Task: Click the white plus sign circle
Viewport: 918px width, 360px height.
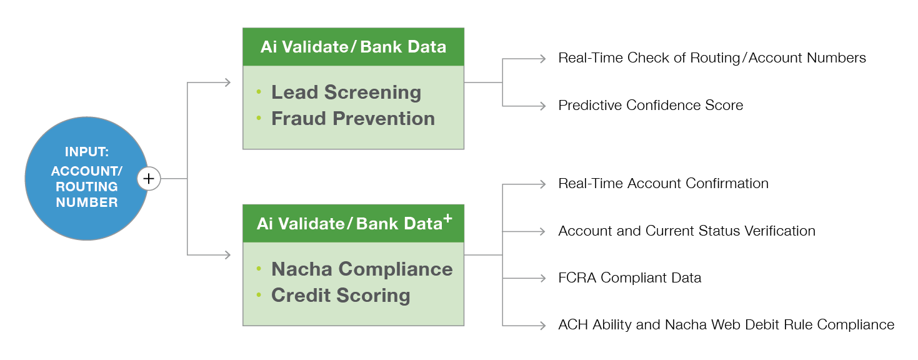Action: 149,179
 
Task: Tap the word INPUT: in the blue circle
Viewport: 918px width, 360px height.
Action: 86,152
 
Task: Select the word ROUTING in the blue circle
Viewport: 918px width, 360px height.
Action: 86,186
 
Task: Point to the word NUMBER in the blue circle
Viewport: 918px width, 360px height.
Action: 86,202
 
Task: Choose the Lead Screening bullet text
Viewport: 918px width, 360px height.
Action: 346,92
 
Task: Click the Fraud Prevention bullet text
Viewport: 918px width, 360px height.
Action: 352,119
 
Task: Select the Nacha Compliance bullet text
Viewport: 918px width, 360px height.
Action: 362,269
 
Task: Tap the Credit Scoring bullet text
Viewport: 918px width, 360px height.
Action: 341,296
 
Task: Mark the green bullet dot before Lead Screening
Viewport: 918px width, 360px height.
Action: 259,92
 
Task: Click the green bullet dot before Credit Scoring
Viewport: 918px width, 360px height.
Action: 259,295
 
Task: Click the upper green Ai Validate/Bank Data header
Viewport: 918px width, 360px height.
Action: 353,47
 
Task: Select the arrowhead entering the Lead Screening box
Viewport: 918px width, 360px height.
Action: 228,82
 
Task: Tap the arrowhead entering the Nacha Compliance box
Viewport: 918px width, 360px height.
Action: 228,255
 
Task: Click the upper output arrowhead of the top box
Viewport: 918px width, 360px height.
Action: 543,59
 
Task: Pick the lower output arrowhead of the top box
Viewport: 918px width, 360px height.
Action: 543,106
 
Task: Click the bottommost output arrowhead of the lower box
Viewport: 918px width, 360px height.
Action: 543,326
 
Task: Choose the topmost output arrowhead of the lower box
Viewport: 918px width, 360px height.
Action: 543,184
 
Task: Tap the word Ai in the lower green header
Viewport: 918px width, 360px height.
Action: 264,224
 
